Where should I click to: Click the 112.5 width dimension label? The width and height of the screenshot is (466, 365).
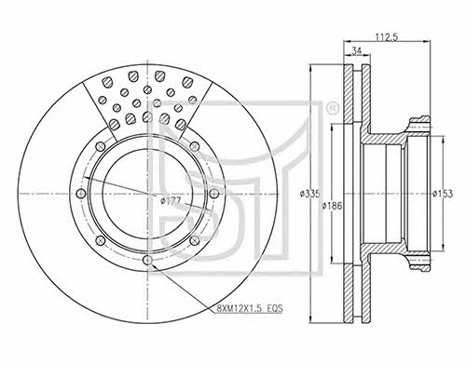click(387, 36)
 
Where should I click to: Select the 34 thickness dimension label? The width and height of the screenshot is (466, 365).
click(357, 51)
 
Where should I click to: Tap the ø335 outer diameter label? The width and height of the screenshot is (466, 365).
click(309, 194)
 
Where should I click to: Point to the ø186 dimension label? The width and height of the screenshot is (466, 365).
click(332, 206)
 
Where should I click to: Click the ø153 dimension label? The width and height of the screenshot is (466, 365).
click(443, 194)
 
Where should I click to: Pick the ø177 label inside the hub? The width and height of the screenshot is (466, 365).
click(171, 201)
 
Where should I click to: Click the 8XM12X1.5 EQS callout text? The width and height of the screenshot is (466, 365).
click(249, 308)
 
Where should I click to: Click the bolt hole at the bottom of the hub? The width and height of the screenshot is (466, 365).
click(148, 260)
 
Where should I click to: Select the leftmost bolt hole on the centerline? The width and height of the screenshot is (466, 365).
click(81, 194)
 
